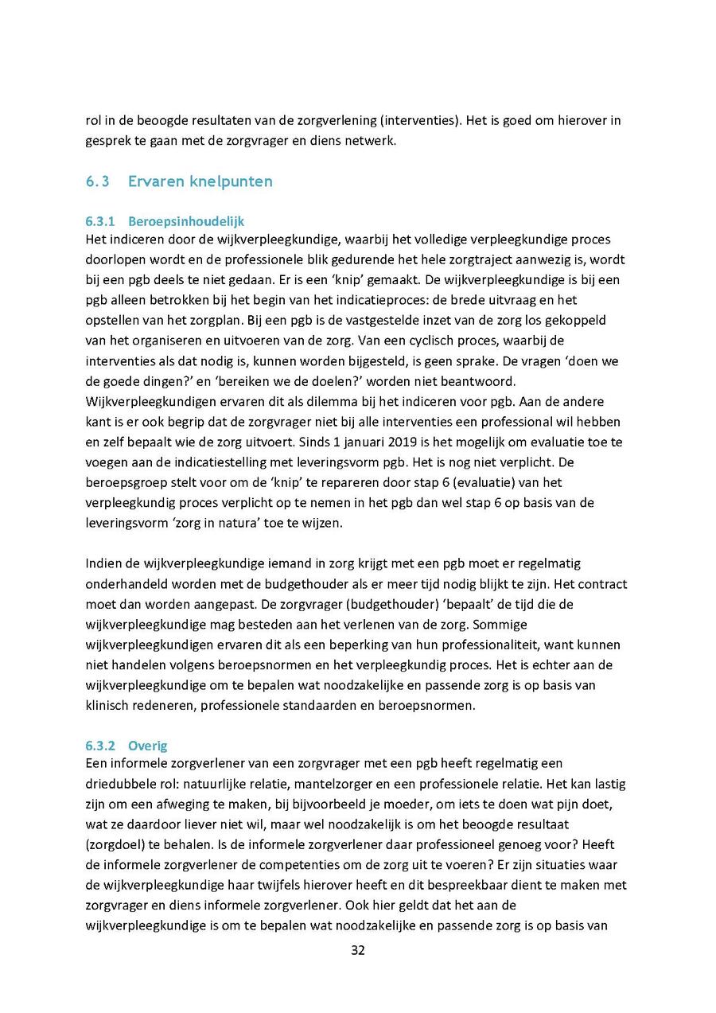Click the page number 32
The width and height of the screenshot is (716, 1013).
click(358, 950)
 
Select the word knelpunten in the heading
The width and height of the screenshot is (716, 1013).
click(232, 181)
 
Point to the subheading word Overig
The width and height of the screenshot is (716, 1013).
click(147, 746)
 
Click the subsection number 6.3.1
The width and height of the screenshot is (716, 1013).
click(101, 221)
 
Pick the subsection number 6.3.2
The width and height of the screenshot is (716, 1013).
click(101, 746)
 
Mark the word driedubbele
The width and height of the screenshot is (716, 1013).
click(120, 783)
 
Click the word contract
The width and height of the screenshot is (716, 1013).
click(601, 584)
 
